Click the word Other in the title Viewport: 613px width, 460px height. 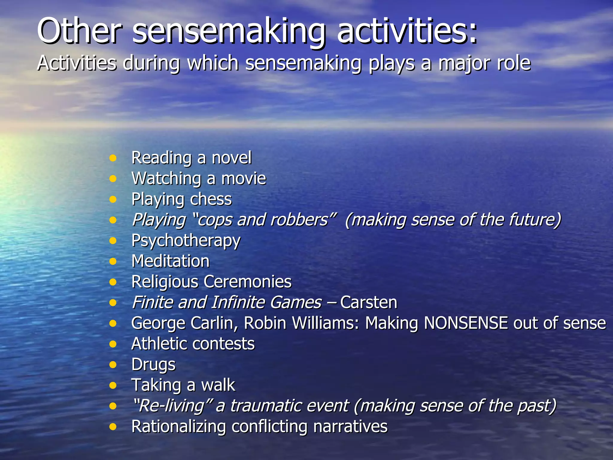[x=79, y=31]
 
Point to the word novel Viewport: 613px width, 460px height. [x=231, y=158]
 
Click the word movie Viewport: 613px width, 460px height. [x=243, y=178]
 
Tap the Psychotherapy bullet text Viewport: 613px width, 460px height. [x=186, y=241]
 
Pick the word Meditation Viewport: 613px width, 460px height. [x=171, y=261]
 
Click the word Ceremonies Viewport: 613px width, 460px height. [x=248, y=282]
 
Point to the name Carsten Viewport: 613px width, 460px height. [x=368, y=302]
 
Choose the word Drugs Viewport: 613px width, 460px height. [x=153, y=365]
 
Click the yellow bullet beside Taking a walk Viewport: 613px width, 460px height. [x=113, y=385]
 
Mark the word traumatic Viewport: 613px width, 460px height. [x=289, y=406]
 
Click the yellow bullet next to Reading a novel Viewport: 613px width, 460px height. [x=113, y=158]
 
